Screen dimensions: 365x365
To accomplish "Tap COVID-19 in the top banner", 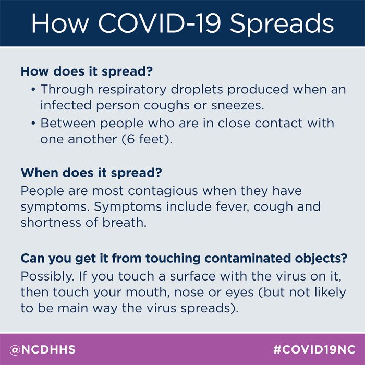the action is pyautogui.click(x=159, y=23).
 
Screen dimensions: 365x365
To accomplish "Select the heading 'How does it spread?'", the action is pyautogui.click(x=87, y=71).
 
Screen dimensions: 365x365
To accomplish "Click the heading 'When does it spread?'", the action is pyautogui.click(x=91, y=173).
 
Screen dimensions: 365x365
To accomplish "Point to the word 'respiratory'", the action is pyautogui.click(x=132, y=90).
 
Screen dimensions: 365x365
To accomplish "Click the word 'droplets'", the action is pyautogui.click(x=197, y=90).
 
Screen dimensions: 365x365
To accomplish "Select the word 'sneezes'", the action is pyautogui.click(x=238, y=106).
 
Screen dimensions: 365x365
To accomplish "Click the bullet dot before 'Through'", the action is pyautogui.click(x=33, y=90).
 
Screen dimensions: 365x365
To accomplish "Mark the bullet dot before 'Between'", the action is pyautogui.click(x=33, y=123).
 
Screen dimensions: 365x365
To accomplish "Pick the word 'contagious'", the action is pyautogui.click(x=163, y=191).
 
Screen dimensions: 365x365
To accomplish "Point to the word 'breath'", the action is pyautogui.click(x=124, y=223).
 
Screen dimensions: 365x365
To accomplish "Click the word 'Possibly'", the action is pyautogui.click(x=47, y=277).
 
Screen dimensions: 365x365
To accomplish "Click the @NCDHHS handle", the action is pyautogui.click(x=42, y=350).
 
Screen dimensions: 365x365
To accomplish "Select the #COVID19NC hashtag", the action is pyautogui.click(x=314, y=350).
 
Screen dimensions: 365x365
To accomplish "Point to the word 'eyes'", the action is pyautogui.click(x=239, y=293).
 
